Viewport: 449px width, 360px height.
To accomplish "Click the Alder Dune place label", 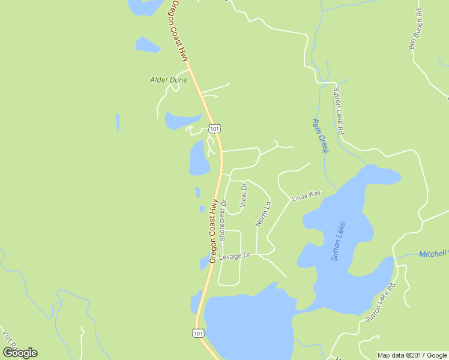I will click(x=169, y=80).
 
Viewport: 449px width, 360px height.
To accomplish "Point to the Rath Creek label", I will click(x=319, y=135).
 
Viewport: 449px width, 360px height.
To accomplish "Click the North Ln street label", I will click(x=263, y=214).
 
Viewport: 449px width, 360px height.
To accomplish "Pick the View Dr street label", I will click(x=243, y=196).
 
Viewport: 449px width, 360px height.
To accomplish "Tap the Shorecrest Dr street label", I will click(x=223, y=220).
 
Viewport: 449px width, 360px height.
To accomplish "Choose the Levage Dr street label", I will click(x=234, y=257).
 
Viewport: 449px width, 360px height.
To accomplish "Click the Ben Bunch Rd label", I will click(x=415, y=29).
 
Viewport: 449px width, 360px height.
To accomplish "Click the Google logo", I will click(x=20, y=353).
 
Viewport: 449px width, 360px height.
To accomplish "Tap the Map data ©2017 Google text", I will click(x=412, y=355).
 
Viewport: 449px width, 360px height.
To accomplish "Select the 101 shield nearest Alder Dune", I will click(x=215, y=128).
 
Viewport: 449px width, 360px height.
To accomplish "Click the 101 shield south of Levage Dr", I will click(x=199, y=332).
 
